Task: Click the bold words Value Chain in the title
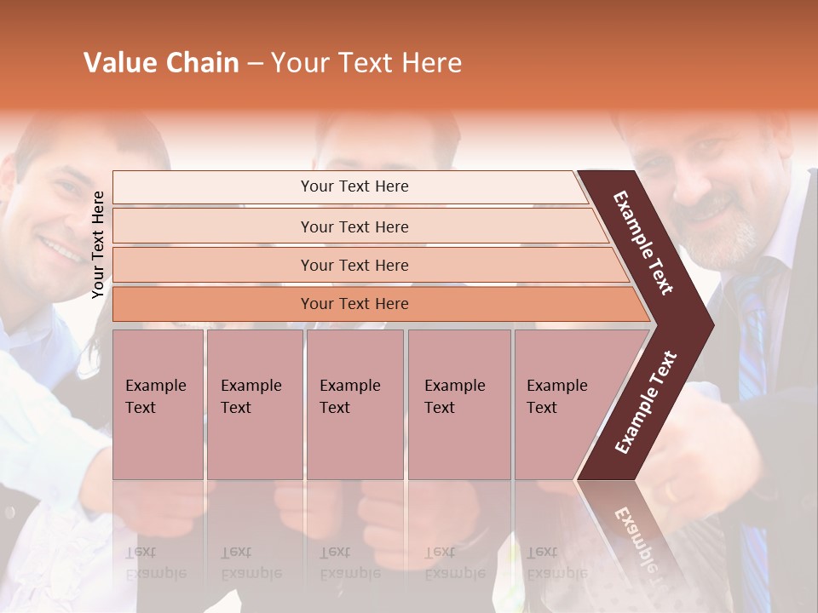click(x=161, y=62)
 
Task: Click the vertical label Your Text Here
click(x=98, y=244)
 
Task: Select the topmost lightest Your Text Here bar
click(x=354, y=186)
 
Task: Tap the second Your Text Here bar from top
click(x=354, y=226)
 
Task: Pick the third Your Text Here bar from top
click(x=354, y=265)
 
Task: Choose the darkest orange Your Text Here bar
click(x=354, y=304)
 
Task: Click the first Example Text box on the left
click(x=158, y=404)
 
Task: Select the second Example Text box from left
click(x=254, y=404)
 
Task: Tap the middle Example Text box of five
click(x=354, y=404)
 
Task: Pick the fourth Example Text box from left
click(x=458, y=404)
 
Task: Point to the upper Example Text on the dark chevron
click(x=643, y=243)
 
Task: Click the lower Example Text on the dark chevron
click(x=645, y=403)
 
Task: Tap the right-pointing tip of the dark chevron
click(x=709, y=324)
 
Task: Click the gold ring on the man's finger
click(x=671, y=492)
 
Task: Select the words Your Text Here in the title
click(x=366, y=62)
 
